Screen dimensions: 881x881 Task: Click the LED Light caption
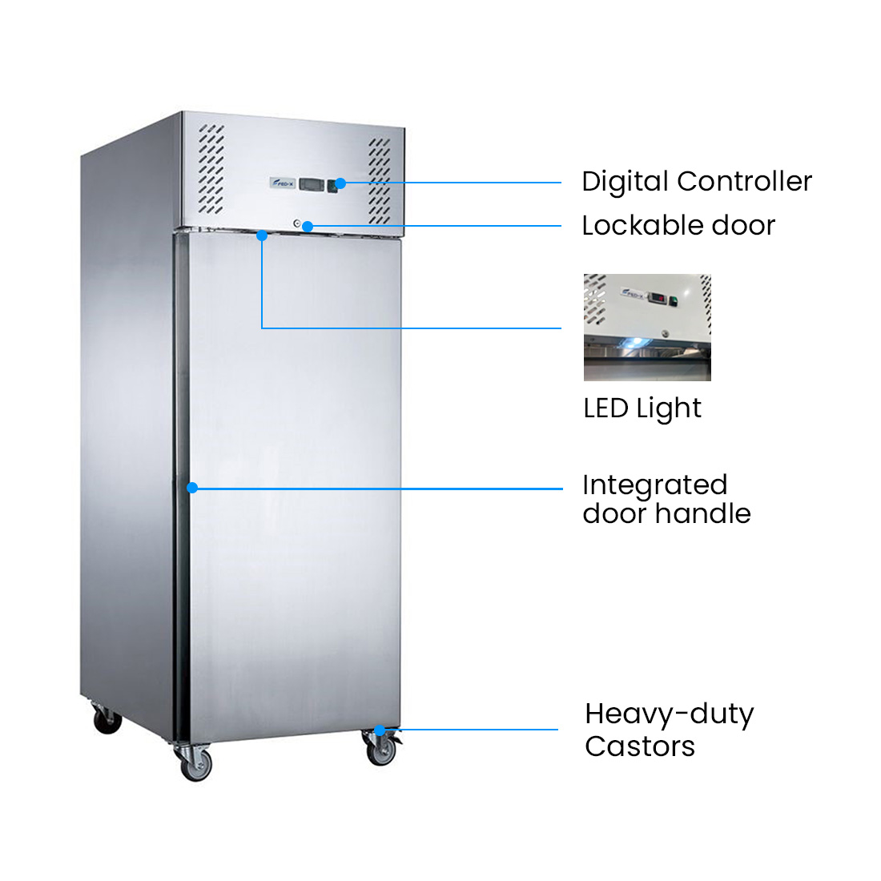coord(642,408)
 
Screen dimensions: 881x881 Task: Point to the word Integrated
coord(654,485)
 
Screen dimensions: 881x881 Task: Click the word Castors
coord(639,746)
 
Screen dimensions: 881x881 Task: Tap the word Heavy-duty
coord(669,714)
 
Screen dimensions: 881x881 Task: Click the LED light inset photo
coord(647,328)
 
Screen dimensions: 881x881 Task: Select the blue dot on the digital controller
coord(340,183)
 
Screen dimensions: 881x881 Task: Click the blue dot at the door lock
coord(307,226)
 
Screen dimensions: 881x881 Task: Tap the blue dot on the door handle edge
coord(192,488)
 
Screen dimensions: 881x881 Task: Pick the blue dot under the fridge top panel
coord(262,235)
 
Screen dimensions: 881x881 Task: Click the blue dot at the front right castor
coord(379,730)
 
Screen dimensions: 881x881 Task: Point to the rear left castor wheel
coord(107,721)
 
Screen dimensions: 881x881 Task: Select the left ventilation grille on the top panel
coord(211,169)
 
